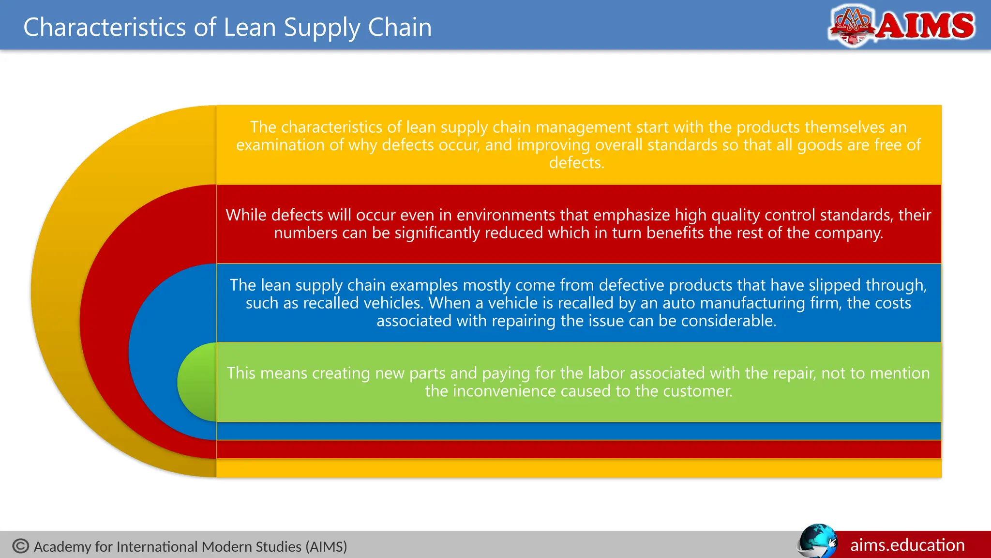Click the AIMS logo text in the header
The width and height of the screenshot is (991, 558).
point(925,26)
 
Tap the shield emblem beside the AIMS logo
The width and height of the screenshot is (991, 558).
point(852,25)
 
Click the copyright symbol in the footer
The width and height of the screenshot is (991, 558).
point(21,546)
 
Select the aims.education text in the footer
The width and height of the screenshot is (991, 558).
point(907,545)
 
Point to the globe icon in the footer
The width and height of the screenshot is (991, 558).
point(817,542)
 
